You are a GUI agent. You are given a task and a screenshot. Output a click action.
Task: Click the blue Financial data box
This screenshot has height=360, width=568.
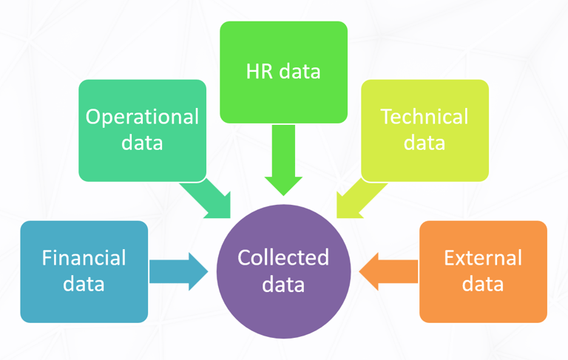pos(84,271)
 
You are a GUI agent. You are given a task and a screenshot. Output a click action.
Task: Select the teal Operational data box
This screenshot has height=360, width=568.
pos(142,130)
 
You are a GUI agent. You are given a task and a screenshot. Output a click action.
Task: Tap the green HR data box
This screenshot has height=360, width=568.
pos(283,72)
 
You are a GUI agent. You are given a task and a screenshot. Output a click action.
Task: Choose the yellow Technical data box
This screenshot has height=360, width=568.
pos(425,130)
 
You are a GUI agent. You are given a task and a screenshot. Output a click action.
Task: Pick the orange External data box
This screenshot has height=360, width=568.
pos(483,271)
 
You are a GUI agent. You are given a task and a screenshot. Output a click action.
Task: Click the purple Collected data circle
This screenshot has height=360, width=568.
pos(283,271)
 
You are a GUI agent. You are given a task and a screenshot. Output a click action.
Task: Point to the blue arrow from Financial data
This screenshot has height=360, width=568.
pos(178,271)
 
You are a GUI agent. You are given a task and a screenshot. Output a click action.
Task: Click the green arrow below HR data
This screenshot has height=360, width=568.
pos(283,160)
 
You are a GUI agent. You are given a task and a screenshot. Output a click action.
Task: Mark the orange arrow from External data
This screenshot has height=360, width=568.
pos(389,271)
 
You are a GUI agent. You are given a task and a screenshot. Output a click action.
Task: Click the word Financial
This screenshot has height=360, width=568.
pos(84,258)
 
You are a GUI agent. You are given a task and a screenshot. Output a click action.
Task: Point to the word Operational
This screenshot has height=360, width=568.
pos(142,117)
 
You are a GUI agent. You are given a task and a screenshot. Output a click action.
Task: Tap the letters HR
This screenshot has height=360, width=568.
pos(258,72)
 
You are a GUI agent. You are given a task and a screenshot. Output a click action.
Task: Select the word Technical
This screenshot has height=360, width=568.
pos(425,117)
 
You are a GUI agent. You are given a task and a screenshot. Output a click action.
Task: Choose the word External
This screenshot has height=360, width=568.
pos(483,258)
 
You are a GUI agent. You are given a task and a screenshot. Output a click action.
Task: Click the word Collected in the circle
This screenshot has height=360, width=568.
pos(283,257)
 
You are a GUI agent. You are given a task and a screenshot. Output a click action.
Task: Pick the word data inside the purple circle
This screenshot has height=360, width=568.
pos(283,284)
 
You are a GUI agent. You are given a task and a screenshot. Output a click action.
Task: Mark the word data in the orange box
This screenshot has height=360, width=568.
pos(483,284)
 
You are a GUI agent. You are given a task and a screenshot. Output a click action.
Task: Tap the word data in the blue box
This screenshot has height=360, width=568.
pos(84,284)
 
